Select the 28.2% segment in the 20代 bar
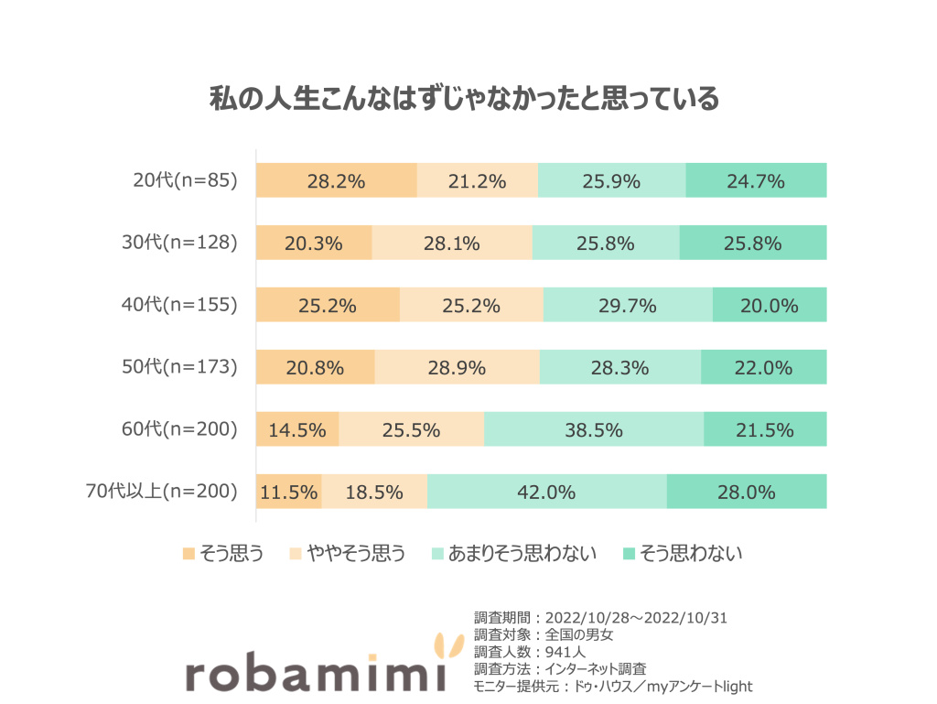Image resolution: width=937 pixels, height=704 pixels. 336,181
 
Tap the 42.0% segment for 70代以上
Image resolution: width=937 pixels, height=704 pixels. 546,492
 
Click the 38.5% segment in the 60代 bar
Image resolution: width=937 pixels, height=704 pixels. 594,429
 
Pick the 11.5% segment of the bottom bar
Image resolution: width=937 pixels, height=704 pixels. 289,492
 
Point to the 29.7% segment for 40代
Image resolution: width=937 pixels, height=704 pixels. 627,306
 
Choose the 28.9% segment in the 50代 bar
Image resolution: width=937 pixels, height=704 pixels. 457,368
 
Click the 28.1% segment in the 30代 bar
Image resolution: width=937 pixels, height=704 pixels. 452,244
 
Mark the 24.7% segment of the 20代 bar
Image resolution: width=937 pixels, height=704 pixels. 756,181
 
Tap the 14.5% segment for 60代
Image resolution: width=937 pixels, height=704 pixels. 297,429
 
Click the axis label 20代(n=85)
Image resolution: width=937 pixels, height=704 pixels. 185,181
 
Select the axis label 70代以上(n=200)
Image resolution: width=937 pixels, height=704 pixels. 160,492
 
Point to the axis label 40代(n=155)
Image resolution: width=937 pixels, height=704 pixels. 179,306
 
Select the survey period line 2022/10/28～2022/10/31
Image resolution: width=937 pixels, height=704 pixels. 600,618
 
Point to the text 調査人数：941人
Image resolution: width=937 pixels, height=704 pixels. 529,653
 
